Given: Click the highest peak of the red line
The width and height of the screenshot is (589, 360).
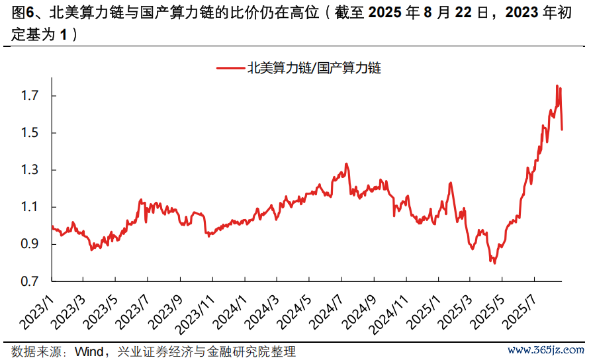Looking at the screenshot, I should pyautogui.click(x=557, y=85).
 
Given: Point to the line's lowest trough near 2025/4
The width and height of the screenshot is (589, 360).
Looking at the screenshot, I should pyautogui.click(x=494, y=263).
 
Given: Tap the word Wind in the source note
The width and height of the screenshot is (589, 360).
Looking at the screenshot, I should pyautogui.click(x=89, y=351).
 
